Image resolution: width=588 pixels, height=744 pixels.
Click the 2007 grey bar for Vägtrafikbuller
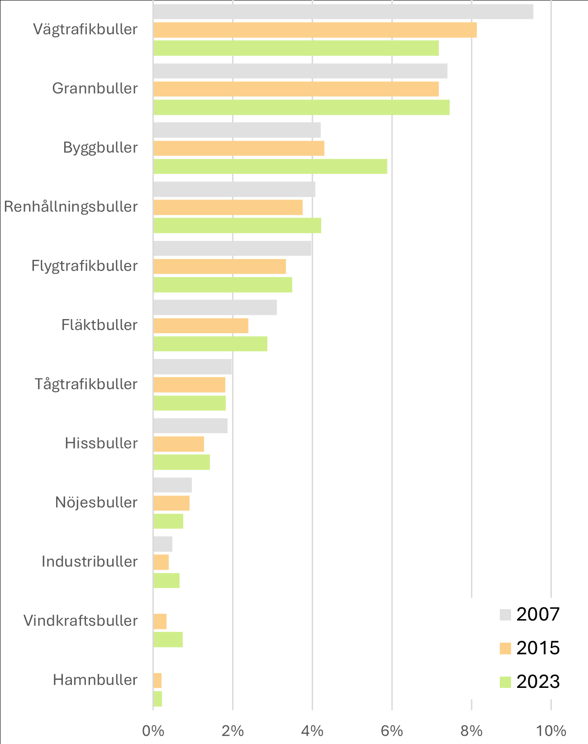[x=343, y=12]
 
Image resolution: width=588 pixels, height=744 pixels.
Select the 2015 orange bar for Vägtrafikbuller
[x=315, y=30]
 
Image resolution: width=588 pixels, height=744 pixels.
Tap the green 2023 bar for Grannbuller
[x=301, y=108]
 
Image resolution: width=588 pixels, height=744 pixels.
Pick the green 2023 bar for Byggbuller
[x=270, y=167]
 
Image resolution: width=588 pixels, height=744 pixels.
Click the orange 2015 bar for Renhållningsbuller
[x=228, y=207]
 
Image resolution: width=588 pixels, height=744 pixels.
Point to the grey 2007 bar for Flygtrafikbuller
[x=232, y=248]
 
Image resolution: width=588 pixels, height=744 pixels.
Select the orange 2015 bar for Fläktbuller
[x=200, y=326]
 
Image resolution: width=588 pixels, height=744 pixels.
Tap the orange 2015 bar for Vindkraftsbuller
[x=160, y=621]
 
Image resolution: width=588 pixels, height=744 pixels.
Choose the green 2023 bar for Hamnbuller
[x=157, y=699]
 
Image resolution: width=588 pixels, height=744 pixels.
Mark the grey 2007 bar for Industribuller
[x=162, y=544]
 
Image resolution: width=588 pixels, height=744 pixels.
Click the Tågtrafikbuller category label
[x=86, y=384]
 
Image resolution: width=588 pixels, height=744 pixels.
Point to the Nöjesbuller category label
[x=96, y=502]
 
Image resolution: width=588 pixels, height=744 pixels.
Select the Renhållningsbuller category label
[x=71, y=207]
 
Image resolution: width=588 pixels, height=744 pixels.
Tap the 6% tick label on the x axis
[x=392, y=731]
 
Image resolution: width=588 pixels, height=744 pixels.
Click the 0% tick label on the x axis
[x=153, y=731]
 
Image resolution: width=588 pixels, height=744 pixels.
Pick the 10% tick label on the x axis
[x=551, y=731]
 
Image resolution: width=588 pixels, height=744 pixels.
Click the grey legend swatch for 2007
[x=505, y=615]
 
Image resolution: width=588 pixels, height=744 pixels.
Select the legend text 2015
[x=538, y=648]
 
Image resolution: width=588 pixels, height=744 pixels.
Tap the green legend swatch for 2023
[x=505, y=682]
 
